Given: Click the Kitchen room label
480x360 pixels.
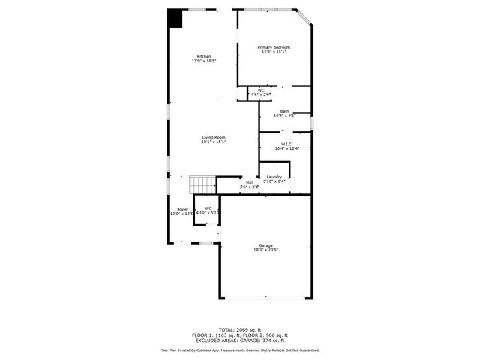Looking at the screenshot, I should tap(204, 56).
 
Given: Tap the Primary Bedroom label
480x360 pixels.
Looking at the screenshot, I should tap(274, 47).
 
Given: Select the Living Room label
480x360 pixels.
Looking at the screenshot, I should tap(214, 137).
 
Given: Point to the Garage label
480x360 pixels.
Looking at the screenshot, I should tap(266, 245).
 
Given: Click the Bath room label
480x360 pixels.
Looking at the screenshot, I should tap(285, 111).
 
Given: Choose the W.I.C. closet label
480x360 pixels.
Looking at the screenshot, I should tap(286, 144).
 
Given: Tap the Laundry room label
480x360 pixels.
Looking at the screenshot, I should tap(274, 177).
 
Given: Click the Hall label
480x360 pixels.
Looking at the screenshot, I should tap(249, 182).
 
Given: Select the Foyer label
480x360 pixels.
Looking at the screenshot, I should tap(182, 209).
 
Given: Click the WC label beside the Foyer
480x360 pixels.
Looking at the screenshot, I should tap(208, 208).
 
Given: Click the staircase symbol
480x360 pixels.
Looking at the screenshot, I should tap(202, 184).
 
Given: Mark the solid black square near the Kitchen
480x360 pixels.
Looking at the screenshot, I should tap(175, 18).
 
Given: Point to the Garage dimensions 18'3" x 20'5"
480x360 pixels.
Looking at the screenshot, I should tap(266, 250).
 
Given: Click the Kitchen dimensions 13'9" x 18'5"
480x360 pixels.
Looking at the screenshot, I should tap(203, 61).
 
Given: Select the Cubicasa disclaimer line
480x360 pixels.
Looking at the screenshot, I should tap(240, 350).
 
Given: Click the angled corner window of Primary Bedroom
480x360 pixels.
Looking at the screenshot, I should tap(304, 18).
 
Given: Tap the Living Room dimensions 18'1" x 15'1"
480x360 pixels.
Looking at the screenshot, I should tap(214, 142).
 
